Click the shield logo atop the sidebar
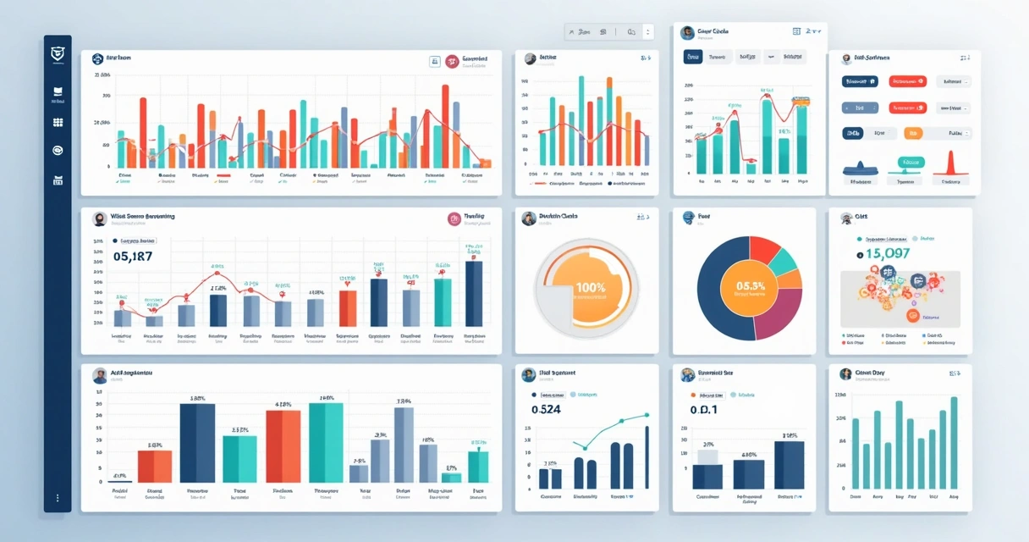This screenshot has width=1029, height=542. coord(58,53)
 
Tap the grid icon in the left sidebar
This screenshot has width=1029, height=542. coord(58,122)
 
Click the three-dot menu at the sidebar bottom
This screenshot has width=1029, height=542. coord(58,498)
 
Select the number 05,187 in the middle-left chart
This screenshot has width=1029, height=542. coord(132,257)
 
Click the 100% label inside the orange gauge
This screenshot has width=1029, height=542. coord(590,288)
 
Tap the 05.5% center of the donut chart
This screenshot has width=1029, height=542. coord(750,286)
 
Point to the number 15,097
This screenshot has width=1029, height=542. coord(888,253)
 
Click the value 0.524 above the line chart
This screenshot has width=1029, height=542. coord(546,410)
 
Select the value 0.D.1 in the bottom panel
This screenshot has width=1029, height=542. coord(703,410)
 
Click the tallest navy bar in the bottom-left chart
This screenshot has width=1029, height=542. coord(197,442)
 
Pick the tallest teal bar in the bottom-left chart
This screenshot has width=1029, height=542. coord(326,442)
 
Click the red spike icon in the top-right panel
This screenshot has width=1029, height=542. coord(949,163)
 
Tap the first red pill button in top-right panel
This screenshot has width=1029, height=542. coord(907,82)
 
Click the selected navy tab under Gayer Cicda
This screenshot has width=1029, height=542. coord(692,57)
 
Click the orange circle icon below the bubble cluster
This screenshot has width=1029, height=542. coord(913,315)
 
